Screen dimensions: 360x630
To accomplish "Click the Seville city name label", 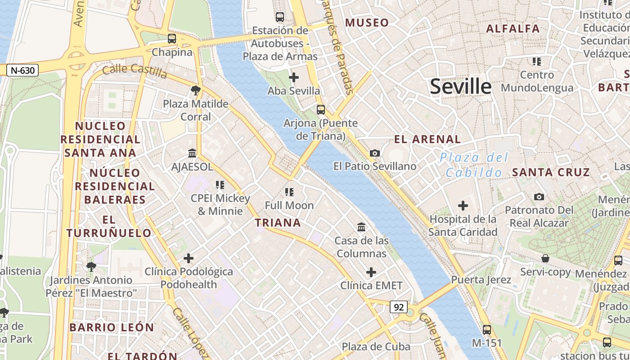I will point(460,86).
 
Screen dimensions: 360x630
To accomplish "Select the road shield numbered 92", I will point(398,307).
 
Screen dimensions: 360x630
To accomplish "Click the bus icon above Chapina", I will point(172,39).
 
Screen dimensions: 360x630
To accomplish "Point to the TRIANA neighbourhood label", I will point(278,223).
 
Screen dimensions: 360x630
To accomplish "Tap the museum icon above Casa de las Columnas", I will point(361,227).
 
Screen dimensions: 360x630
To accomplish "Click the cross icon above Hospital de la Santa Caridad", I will point(463,206).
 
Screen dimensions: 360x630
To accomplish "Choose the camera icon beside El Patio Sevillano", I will point(374,153).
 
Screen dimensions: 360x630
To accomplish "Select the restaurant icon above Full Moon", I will point(289,192).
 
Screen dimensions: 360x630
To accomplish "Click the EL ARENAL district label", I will point(427,139).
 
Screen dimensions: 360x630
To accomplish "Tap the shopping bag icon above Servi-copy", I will point(545,258).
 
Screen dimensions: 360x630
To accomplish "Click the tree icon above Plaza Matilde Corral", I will point(195,91).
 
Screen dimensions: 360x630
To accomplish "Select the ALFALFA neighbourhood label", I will point(513,29).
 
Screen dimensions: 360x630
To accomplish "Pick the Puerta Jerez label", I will point(481,280).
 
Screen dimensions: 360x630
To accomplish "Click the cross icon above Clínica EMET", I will point(371,272).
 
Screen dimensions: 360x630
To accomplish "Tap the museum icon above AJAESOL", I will point(192,153).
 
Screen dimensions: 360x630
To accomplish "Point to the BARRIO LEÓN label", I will point(112,327).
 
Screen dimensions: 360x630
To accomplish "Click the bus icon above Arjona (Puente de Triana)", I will point(320,109).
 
